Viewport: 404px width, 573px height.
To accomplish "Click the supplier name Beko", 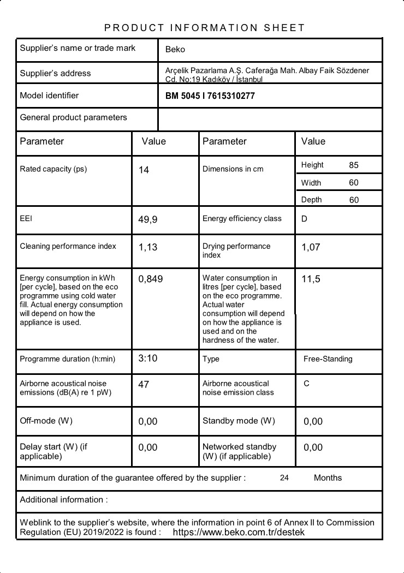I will (x=175, y=50).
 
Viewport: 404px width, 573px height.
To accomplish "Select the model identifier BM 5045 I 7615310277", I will (x=210, y=96).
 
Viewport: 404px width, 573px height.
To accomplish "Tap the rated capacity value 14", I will (x=144, y=170).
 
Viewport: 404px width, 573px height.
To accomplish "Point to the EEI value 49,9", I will (x=148, y=220).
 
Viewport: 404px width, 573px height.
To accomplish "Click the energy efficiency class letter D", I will (x=304, y=219).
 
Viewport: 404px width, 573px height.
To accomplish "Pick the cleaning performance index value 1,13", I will (x=147, y=247).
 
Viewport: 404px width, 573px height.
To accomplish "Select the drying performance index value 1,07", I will (x=311, y=247).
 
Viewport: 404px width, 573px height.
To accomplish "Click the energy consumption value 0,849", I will (x=151, y=279).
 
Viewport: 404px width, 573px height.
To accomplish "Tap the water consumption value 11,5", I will (x=311, y=279).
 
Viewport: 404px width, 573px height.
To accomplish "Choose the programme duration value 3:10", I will (x=147, y=359).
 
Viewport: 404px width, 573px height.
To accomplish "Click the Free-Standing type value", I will (x=328, y=359).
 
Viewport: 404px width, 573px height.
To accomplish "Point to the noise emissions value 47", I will (x=144, y=385).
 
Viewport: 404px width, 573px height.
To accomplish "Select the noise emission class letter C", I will (x=306, y=384).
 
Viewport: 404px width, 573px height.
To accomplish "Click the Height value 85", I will (x=354, y=165).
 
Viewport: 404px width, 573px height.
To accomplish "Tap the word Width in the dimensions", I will (x=311, y=183).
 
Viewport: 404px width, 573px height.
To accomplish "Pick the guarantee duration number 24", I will (x=284, y=478).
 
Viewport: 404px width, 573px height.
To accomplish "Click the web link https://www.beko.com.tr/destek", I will (x=239, y=532).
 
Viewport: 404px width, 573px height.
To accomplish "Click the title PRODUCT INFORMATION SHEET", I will (x=205, y=28).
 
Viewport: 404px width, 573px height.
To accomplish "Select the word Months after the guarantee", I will (x=328, y=478).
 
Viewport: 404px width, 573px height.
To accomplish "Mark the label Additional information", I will (x=63, y=500).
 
